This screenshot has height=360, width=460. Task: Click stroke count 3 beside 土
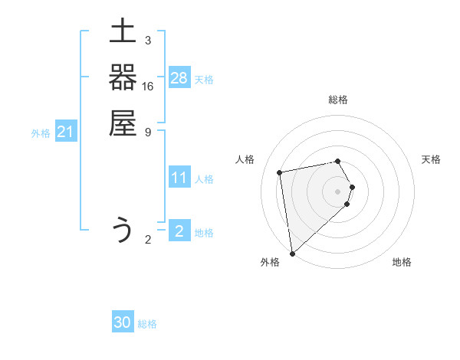(x=147, y=41)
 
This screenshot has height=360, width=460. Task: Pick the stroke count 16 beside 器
(x=147, y=87)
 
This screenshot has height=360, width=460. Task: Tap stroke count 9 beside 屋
(x=147, y=132)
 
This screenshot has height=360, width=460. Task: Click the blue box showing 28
(x=179, y=78)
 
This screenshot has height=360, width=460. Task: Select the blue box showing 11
(x=179, y=178)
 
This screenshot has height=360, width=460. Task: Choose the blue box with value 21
(x=66, y=133)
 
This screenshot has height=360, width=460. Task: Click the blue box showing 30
(x=123, y=323)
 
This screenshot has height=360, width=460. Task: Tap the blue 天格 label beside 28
(x=204, y=79)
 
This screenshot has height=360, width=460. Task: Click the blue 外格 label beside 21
(x=41, y=133)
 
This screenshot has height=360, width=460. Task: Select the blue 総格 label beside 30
(x=147, y=324)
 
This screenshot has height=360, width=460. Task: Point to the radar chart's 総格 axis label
(x=338, y=100)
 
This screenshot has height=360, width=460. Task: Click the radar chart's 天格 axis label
(x=432, y=159)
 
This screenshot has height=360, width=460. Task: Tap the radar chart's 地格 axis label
(x=402, y=262)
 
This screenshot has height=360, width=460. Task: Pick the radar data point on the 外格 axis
(x=292, y=253)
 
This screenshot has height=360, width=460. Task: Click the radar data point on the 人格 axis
(x=280, y=172)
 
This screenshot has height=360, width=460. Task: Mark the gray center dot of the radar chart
(x=338, y=191)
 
